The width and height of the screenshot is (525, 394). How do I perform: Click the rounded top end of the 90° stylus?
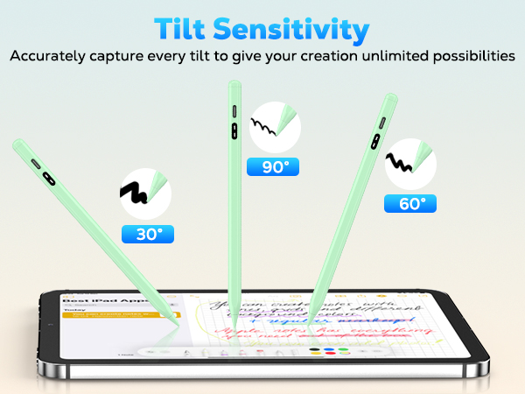234,85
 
